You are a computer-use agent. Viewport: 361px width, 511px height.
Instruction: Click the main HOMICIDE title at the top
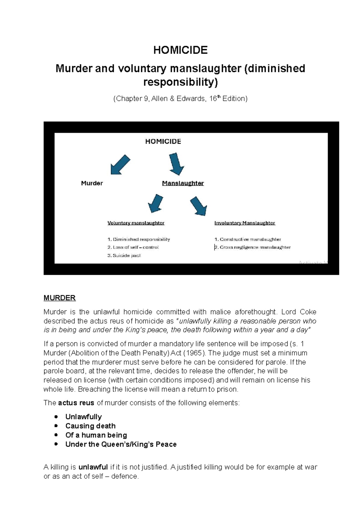180,50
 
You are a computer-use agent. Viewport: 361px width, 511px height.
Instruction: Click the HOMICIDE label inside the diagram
163,142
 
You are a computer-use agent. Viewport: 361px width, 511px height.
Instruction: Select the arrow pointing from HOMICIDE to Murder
120,165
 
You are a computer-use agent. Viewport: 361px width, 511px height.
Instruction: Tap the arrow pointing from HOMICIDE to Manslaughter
176,164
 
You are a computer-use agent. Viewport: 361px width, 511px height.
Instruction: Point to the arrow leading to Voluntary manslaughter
156,203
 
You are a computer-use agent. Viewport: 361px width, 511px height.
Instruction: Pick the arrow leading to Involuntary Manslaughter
199,206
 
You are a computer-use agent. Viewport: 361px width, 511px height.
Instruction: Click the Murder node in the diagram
92,183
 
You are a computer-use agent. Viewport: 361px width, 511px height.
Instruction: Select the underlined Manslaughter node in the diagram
183,183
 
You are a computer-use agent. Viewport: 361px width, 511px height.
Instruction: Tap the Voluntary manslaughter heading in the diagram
136,223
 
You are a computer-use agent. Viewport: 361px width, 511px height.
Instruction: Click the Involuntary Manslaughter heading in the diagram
245,223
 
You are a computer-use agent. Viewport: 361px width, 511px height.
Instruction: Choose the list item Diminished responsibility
139,240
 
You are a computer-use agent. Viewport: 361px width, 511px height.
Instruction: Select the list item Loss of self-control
133,247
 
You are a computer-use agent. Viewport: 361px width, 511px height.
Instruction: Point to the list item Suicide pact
124,255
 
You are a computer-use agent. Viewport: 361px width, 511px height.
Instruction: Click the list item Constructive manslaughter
248,240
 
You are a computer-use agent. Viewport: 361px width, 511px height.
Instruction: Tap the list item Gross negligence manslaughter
252,247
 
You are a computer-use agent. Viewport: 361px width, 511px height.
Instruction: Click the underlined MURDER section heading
60,298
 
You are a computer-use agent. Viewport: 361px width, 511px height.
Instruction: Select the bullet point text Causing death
90,426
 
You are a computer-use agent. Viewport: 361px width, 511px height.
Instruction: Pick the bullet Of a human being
96,435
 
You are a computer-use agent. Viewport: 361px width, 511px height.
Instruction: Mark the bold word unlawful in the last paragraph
93,467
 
